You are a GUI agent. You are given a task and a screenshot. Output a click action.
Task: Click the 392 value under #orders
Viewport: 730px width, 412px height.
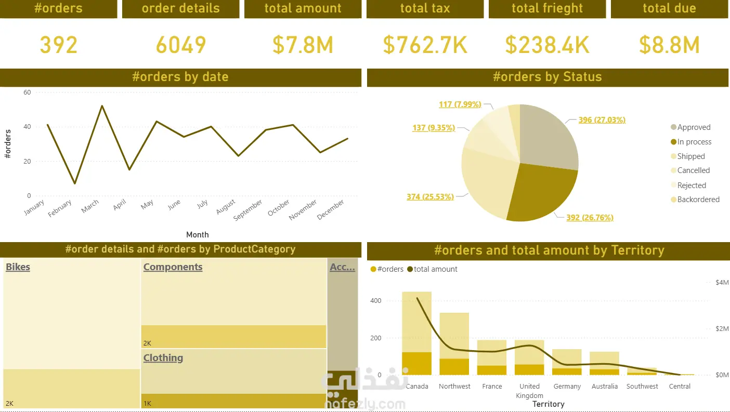point(59,45)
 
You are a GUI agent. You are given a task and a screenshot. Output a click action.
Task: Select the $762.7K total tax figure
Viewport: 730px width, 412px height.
point(425,45)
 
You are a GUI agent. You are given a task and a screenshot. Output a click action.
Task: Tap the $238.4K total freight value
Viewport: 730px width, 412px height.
point(547,45)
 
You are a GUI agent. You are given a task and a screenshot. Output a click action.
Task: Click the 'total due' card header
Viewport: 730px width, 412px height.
point(669,8)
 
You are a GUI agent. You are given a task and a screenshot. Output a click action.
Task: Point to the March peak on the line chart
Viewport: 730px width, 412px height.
point(102,106)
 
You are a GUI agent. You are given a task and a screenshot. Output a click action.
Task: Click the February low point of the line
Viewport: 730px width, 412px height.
point(75,183)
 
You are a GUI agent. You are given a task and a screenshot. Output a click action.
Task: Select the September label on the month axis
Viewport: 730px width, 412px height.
point(247,210)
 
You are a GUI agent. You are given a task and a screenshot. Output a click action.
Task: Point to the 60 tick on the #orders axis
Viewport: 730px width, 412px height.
point(27,92)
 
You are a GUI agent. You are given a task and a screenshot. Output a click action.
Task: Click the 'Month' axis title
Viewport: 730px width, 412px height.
point(198,235)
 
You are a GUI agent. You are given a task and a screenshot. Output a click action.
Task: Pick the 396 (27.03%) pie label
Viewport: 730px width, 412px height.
point(602,120)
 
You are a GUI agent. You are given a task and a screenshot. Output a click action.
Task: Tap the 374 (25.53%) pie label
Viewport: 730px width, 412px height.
point(430,197)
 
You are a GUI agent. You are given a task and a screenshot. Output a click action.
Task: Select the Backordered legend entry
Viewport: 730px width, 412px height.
point(696,200)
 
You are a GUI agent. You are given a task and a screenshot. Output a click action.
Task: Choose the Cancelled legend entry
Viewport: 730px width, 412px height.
point(690,170)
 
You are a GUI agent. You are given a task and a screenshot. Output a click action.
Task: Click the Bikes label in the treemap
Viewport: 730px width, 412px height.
point(18,267)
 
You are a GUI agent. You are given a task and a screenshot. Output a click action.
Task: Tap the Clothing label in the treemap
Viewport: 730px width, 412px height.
point(163,357)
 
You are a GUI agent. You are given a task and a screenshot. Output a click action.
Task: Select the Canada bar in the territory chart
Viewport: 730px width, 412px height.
point(417,333)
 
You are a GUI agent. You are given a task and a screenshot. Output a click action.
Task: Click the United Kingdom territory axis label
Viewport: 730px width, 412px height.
point(530,391)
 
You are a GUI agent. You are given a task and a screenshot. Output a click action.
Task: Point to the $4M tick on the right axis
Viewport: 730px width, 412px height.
point(722,283)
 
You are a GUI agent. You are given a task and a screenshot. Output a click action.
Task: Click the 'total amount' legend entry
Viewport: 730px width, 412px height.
point(432,269)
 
